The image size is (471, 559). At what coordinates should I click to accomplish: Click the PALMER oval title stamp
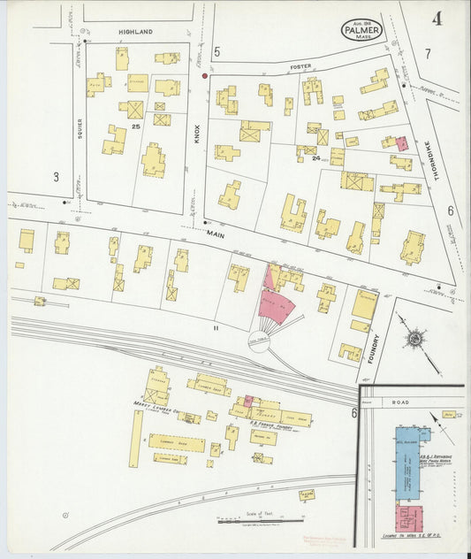point(362,29)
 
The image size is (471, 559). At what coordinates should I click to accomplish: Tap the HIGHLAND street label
point(136,32)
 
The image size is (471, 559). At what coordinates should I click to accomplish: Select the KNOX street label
point(198,134)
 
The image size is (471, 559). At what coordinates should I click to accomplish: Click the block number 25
point(136,127)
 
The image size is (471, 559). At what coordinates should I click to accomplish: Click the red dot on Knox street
point(204,76)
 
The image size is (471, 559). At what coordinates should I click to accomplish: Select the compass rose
point(414,338)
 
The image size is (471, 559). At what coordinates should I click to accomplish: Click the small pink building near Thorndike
point(402,143)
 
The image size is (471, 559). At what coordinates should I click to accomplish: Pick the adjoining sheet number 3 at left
point(56,177)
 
